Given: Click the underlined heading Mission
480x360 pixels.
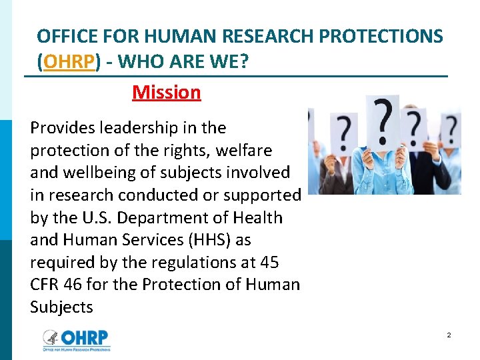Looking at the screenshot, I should [x=166, y=92].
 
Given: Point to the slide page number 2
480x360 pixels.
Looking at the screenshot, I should [x=449, y=335].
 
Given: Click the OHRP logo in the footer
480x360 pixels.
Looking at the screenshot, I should [x=76, y=339].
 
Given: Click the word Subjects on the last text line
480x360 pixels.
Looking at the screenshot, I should [x=61, y=307].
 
